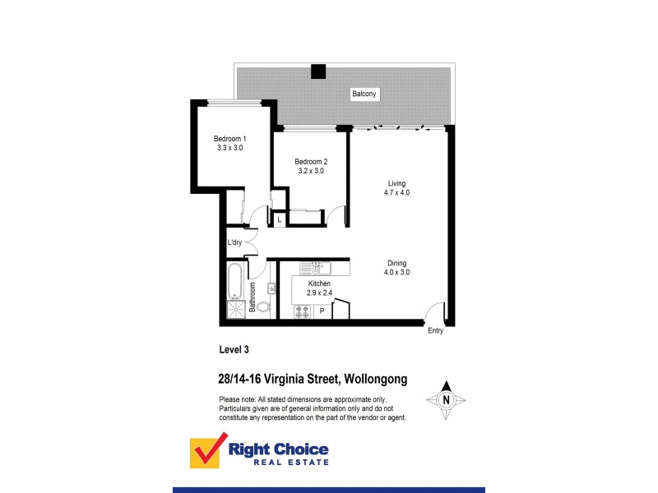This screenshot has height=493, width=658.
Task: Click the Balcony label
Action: click(364, 94)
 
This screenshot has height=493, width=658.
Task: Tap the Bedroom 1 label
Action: click(230, 143)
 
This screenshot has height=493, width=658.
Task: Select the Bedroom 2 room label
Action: click(310, 167)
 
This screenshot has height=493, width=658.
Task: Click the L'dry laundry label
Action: click(234, 243)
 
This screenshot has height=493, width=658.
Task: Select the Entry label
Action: click(435, 331)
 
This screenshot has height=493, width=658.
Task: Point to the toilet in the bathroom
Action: click(263, 308)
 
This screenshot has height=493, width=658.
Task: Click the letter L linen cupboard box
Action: click(280, 220)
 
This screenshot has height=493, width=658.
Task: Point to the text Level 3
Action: click(234, 349)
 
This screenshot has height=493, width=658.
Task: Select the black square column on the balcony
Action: click(318, 71)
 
